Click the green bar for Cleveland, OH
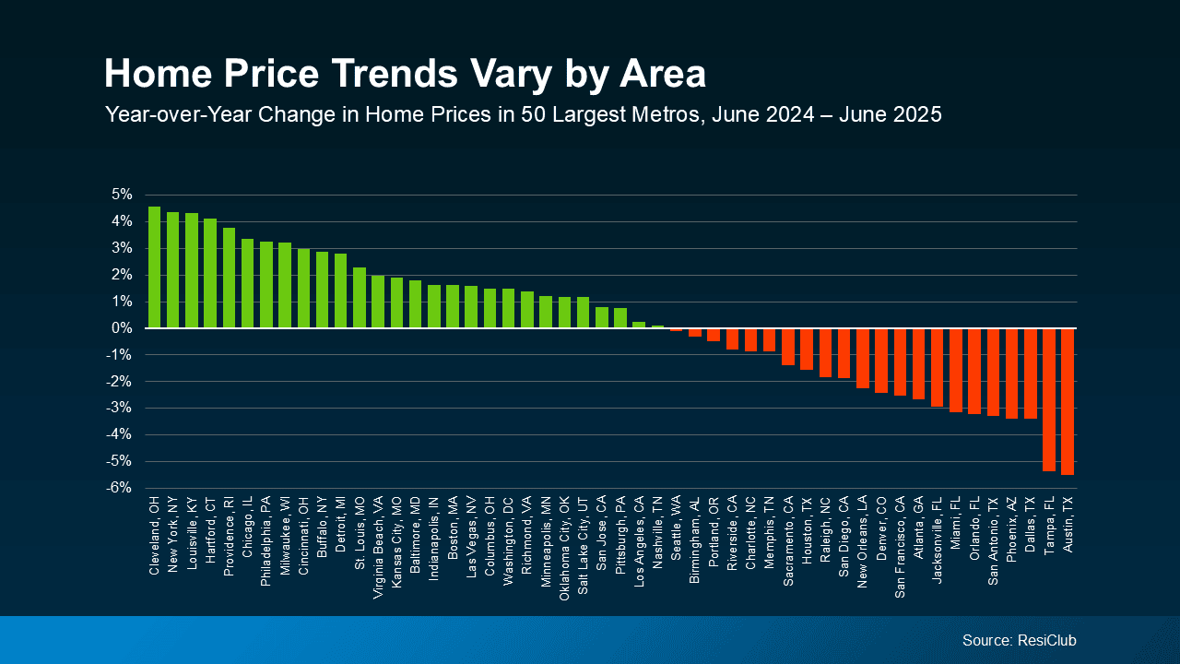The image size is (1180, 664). [154, 267]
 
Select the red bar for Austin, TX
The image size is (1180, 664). [1068, 401]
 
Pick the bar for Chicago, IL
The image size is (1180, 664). [247, 283]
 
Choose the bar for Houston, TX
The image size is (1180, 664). [807, 349]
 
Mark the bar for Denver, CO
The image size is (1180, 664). [881, 361]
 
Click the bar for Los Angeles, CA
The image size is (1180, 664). [639, 325]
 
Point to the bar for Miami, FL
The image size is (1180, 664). [956, 370]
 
